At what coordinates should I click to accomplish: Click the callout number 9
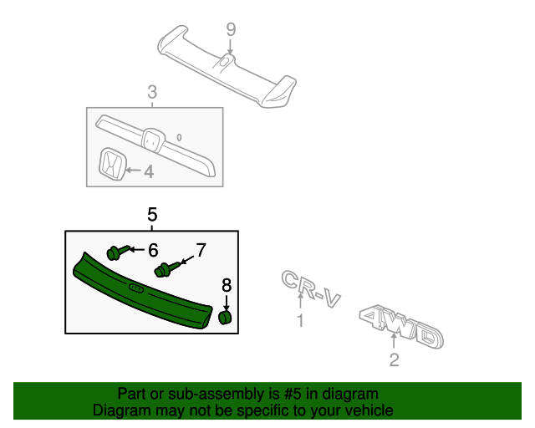231,30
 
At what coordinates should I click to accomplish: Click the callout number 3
152,92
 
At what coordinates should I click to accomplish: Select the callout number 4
149,172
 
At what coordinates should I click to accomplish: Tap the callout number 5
152,215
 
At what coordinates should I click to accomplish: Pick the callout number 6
153,250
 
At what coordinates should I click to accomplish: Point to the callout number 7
200,250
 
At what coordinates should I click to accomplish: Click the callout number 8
227,287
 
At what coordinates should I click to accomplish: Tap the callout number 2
395,360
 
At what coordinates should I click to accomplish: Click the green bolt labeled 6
115,251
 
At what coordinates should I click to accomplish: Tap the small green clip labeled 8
224,317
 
